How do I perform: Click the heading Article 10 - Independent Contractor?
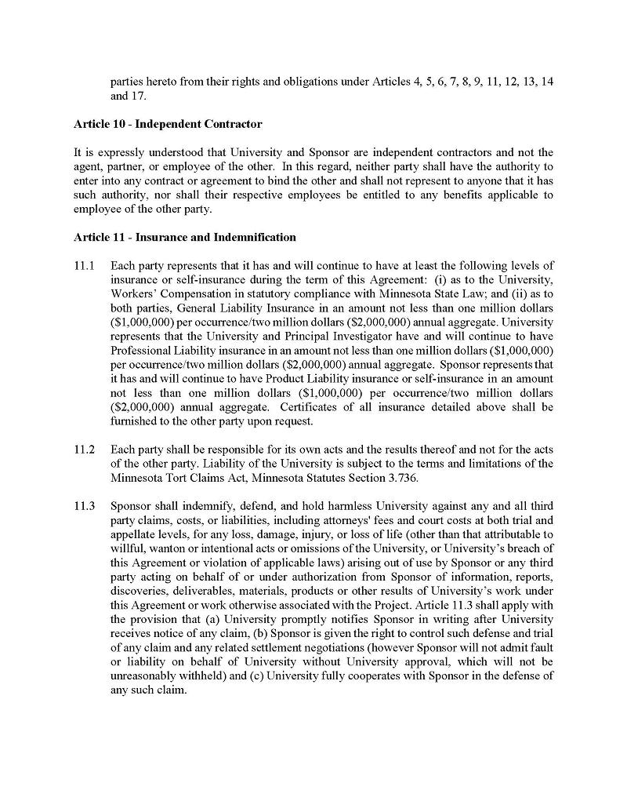[168, 124]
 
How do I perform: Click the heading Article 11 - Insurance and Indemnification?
[185, 237]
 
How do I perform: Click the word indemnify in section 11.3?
[205, 506]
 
